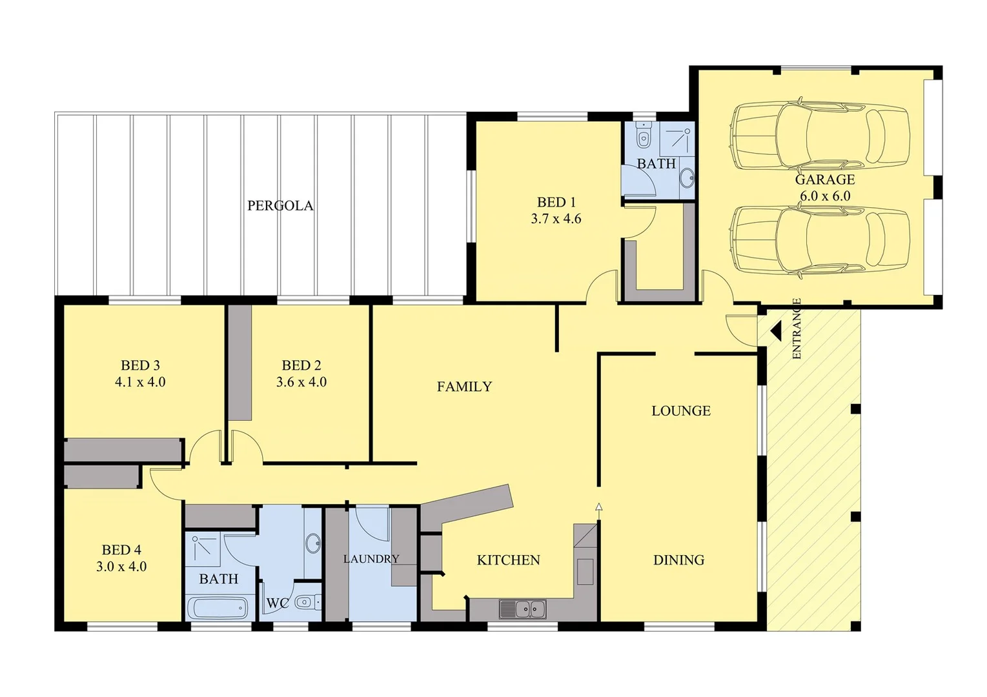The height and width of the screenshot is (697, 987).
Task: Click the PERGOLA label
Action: click(x=280, y=206)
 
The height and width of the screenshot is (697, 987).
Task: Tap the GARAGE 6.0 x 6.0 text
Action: click(x=824, y=188)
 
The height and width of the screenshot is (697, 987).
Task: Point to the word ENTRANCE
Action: click(x=796, y=328)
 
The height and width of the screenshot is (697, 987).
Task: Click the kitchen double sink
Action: click(x=522, y=609)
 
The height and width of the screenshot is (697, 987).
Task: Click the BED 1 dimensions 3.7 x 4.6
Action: click(x=556, y=219)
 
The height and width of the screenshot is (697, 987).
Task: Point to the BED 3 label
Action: click(x=140, y=365)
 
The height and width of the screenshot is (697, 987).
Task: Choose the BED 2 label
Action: click(x=301, y=365)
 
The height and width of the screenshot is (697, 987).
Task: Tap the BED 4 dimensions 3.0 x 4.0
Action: click(x=121, y=567)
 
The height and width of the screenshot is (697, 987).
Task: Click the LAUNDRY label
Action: click(x=371, y=559)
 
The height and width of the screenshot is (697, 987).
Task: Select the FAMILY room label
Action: click(x=464, y=387)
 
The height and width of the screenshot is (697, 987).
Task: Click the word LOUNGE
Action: click(x=680, y=411)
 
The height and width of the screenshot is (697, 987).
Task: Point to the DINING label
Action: click(x=678, y=560)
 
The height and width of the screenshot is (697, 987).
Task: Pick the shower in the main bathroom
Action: click(x=203, y=547)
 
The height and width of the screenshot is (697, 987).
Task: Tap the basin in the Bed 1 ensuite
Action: click(x=688, y=176)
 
